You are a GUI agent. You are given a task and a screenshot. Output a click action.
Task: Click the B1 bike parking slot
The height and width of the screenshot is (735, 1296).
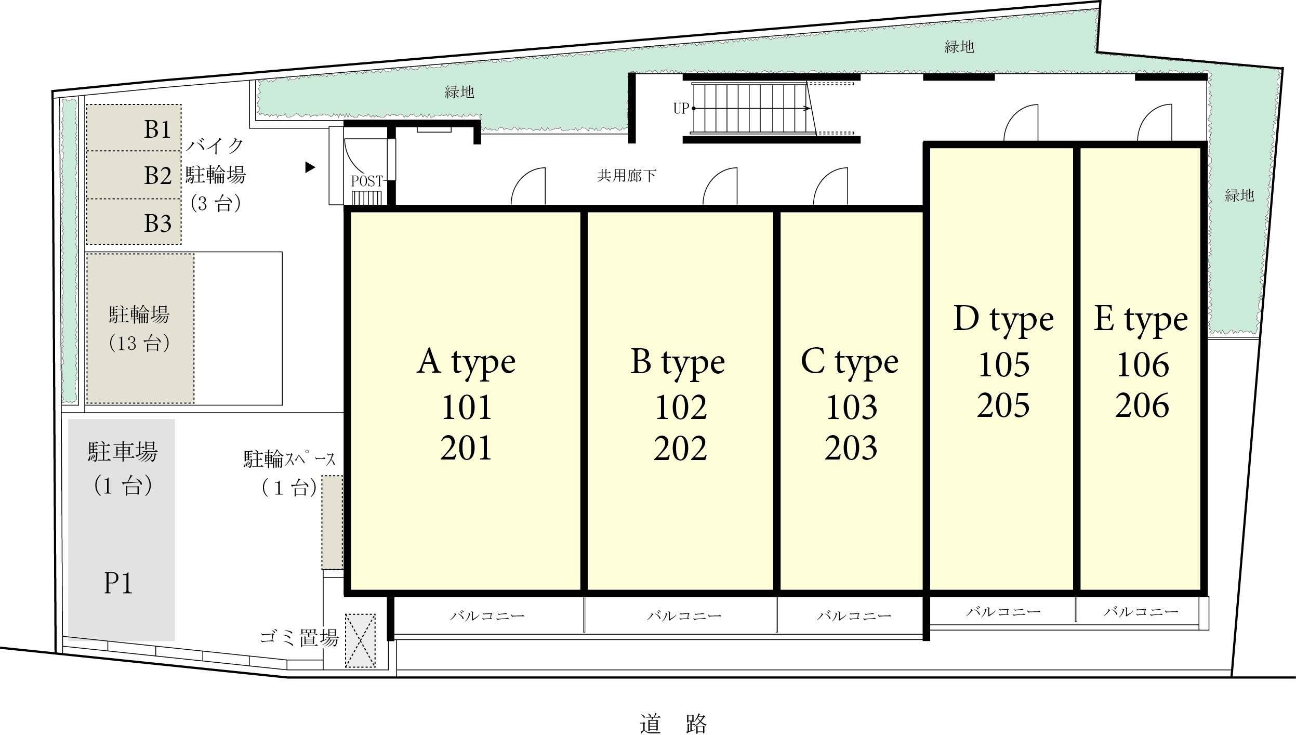coord(134,128)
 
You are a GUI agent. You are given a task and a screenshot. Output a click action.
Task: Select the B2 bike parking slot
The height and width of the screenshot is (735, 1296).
coord(134,175)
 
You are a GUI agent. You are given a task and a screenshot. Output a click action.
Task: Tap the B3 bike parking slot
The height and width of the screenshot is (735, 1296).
coord(134,222)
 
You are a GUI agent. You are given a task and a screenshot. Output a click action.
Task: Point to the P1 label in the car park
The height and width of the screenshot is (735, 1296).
coord(118,583)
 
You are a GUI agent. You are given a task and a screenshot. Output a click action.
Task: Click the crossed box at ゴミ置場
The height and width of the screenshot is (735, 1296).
coord(361,640)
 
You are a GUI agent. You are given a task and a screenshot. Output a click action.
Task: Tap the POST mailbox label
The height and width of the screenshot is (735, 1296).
coord(367,181)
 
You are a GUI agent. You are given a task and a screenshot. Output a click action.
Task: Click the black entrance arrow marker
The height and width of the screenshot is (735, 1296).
coord(310,167)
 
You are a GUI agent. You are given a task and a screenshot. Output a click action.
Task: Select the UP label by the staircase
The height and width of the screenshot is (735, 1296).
coord(681,109)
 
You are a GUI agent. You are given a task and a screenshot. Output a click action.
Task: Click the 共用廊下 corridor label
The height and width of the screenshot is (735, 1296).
coord(627,176)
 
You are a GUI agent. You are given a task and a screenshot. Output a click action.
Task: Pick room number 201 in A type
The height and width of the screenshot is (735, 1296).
coord(466,449)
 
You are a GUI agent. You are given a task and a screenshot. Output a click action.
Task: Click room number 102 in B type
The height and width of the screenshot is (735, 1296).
coord(680,408)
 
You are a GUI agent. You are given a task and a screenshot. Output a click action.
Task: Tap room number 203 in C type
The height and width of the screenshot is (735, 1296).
coord(851,449)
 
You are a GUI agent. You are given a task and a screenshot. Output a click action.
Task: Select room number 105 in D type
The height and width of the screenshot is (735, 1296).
coord(1003,365)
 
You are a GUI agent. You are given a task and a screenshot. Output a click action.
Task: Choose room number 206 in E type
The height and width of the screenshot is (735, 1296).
coord(1142,406)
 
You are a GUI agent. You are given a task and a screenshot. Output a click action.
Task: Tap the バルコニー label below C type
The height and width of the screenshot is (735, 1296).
coord(854,616)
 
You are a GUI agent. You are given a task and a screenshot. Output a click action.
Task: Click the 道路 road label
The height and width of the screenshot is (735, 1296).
coord(673,724)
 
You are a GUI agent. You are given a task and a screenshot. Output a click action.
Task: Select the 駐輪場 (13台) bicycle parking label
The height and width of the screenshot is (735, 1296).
coord(139,329)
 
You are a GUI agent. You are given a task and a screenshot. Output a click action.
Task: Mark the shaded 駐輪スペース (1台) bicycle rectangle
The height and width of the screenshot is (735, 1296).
coord(332,522)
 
